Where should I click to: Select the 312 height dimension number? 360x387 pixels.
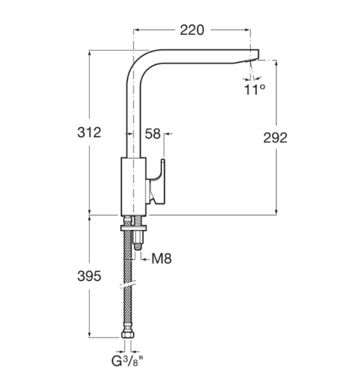tap(89, 133)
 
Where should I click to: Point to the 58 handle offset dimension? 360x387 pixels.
tap(152, 134)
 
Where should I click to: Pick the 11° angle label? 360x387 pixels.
tap(254, 90)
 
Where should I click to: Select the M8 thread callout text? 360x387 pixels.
tap(162, 258)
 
